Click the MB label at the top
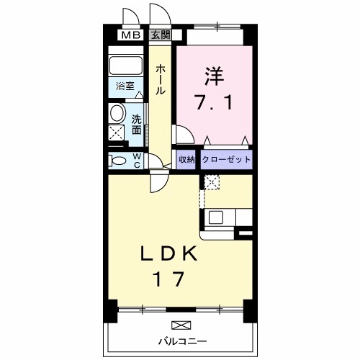[130, 35]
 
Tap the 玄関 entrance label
[159, 35]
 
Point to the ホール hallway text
[161, 79]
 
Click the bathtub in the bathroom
[127, 66]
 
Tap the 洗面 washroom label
[136, 124]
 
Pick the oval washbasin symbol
[117, 113]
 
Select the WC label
[135, 160]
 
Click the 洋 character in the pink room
[213, 74]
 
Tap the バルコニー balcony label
[183, 340]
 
